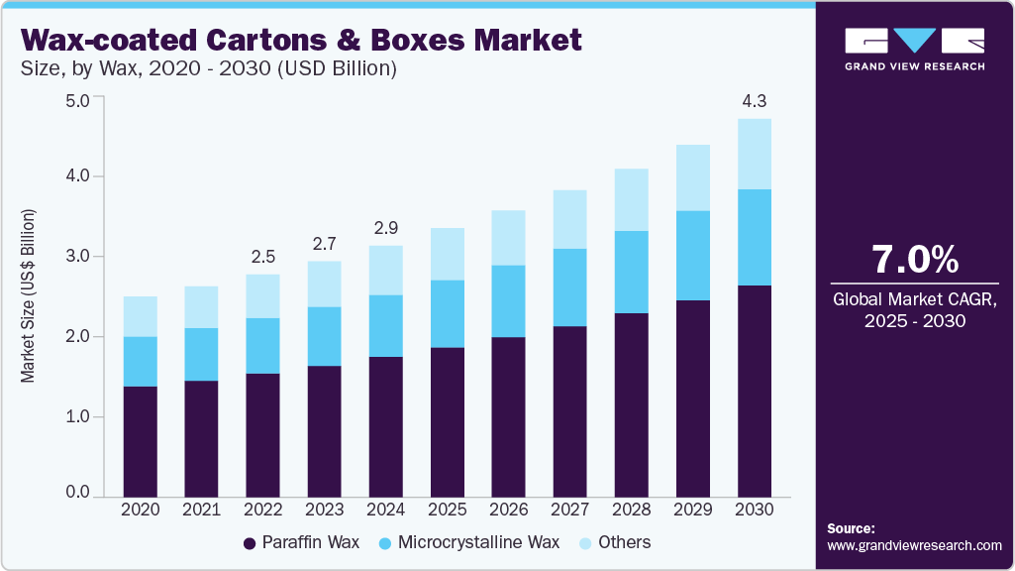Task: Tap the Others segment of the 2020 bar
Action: point(140,316)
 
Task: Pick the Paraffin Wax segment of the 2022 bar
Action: point(261,434)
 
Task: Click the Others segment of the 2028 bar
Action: point(631,199)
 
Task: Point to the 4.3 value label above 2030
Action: point(755,101)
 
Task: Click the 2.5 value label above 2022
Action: point(261,257)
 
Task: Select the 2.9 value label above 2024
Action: point(384,228)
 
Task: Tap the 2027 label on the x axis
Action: point(570,509)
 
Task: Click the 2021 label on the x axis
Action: point(201,509)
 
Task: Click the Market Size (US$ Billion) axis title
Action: point(29,296)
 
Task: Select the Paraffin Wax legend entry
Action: point(301,542)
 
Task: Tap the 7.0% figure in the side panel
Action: point(914,260)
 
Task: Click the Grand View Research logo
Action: point(914,48)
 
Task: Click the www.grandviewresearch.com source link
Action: point(914,545)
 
